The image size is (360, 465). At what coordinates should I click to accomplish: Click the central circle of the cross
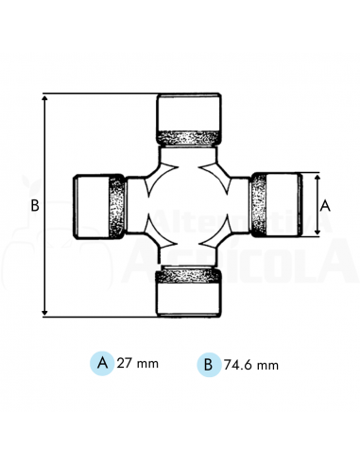pyautogui.click(x=188, y=203)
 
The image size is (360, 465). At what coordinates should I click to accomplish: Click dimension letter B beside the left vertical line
pyautogui.click(x=34, y=204)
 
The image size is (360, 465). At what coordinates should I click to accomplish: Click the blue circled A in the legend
pyautogui.click(x=101, y=362)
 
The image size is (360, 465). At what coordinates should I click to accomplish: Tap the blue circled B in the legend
pyautogui.click(x=205, y=363)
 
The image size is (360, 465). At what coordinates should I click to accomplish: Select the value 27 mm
pyautogui.click(x=136, y=363)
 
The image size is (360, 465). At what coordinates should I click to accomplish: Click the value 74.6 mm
pyautogui.click(x=248, y=363)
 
